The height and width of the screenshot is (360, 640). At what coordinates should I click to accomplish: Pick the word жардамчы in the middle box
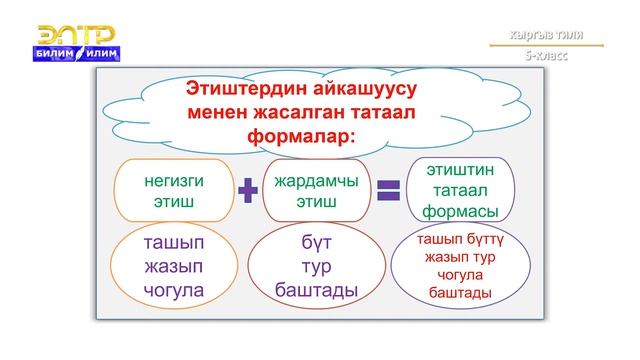[316, 180]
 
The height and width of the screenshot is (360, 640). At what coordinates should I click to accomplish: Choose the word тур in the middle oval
[316, 268]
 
